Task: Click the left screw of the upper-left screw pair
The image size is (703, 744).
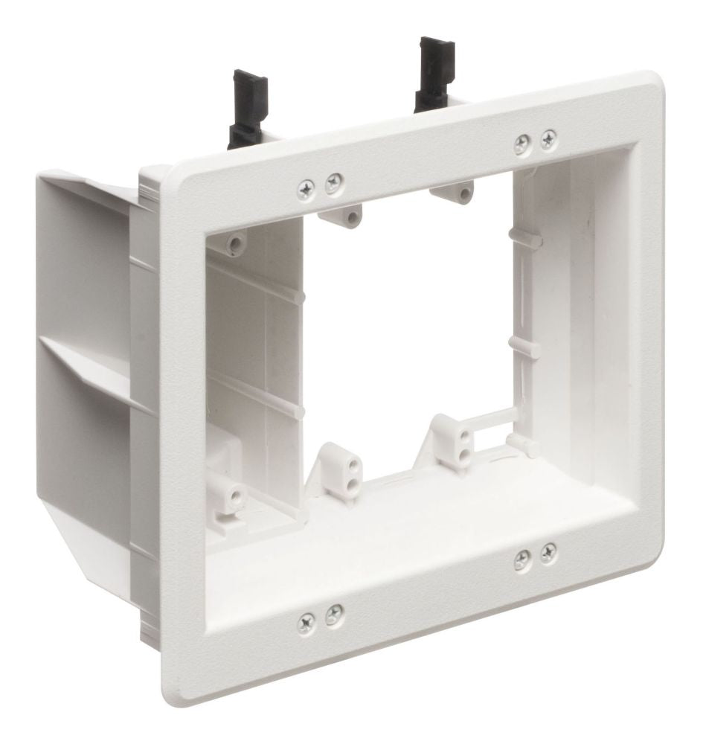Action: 306,189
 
